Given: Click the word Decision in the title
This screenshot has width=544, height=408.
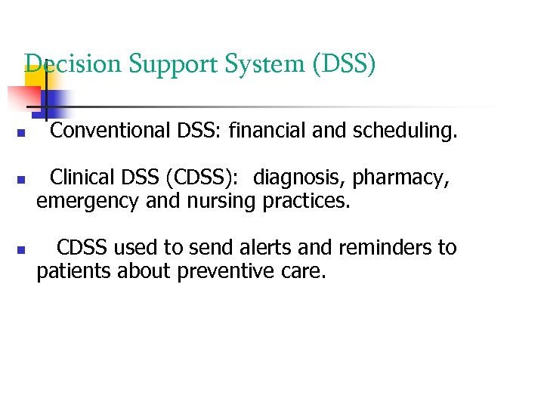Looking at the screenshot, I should tap(73, 64).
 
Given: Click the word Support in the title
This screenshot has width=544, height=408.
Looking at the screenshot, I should tap(175, 64).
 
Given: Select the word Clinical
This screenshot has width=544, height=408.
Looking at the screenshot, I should tap(81, 178).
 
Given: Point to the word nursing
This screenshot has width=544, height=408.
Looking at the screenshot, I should tap(224, 202).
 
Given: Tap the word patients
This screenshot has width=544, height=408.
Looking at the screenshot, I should tap(74, 271).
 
